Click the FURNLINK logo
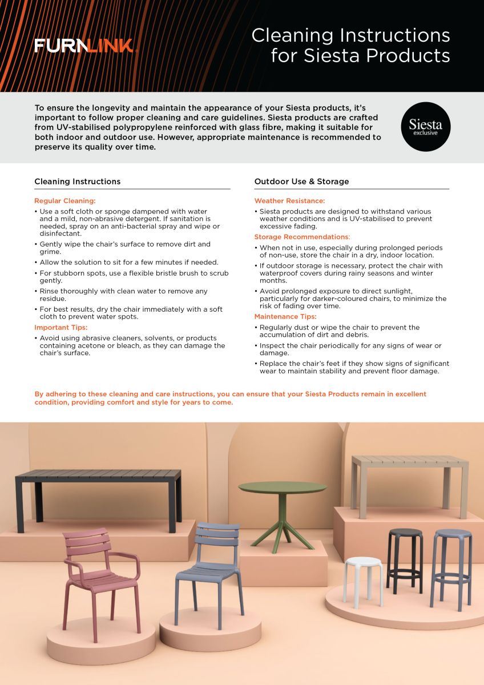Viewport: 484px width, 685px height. pos(83,46)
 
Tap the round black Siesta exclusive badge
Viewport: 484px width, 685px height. pos(425,127)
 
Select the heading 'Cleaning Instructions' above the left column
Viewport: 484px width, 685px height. pos(78,182)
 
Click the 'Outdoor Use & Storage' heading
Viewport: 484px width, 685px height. pos(301,182)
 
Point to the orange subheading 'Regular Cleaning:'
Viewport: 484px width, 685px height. pos(65,201)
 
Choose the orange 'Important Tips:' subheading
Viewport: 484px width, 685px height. pos(61,328)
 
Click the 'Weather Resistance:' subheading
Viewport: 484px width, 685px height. pos(289,201)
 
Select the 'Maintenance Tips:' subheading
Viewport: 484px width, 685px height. pos(285,317)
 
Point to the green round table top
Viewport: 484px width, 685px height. pos(282,487)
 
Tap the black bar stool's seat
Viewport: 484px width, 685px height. pos(405,532)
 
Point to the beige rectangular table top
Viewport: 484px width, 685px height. pos(409,460)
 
